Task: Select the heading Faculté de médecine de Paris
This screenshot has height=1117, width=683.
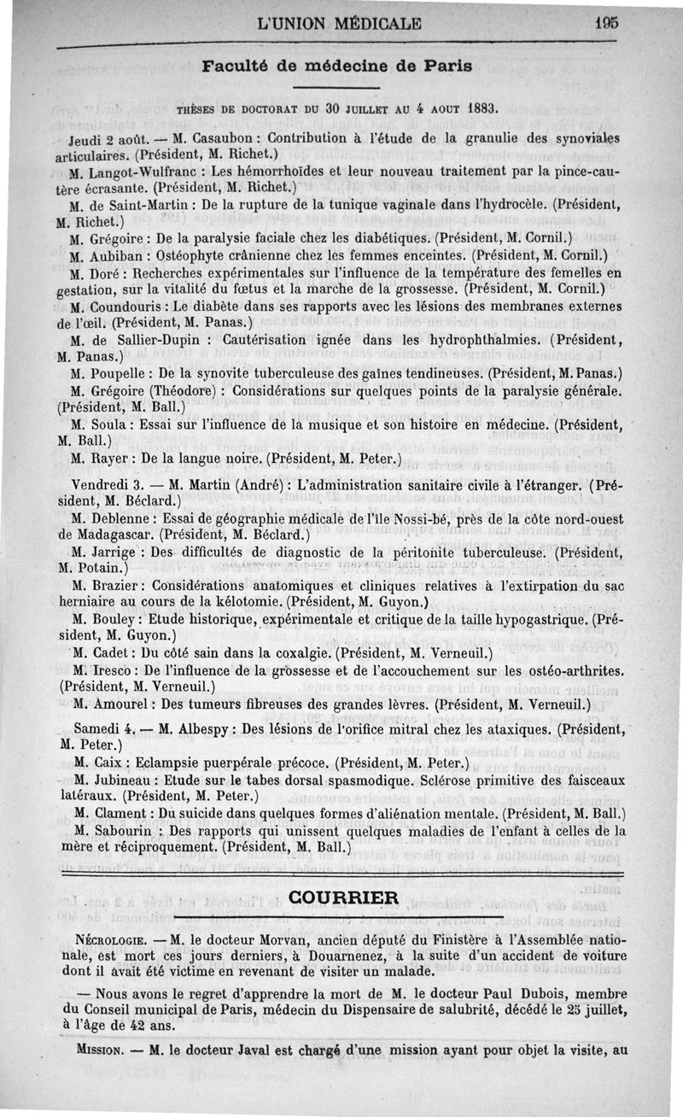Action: tap(337, 67)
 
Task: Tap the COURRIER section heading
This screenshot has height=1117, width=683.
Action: tap(343, 897)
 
